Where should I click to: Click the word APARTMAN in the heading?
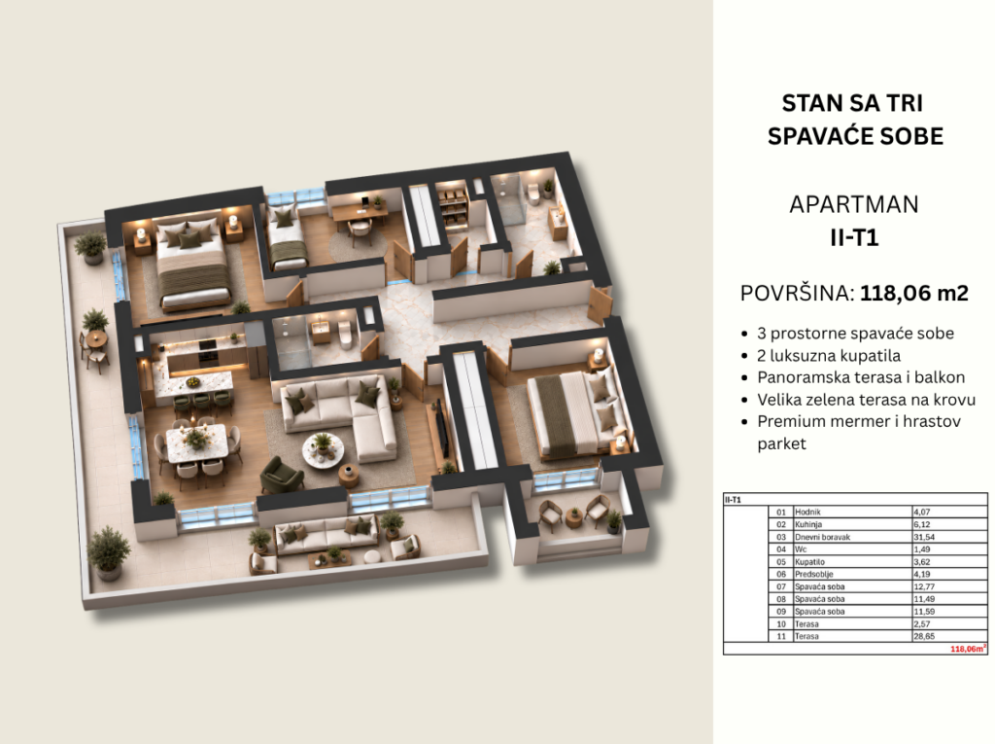point(853,204)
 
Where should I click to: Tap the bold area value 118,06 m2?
point(913,293)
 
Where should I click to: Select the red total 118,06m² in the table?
point(968,649)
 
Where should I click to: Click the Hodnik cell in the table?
point(807,512)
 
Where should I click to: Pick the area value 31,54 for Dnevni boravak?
point(925,537)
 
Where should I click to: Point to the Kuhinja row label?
point(808,524)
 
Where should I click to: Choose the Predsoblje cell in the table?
point(814,574)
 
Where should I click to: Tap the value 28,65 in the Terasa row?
point(924,636)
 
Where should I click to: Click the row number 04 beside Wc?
point(781,549)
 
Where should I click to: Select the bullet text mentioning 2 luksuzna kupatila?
point(829,355)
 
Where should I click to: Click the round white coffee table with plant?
point(323,450)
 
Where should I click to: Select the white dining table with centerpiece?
point(197,443)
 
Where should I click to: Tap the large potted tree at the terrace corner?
point(109,552)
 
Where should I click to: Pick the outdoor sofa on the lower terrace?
point(325,535)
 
